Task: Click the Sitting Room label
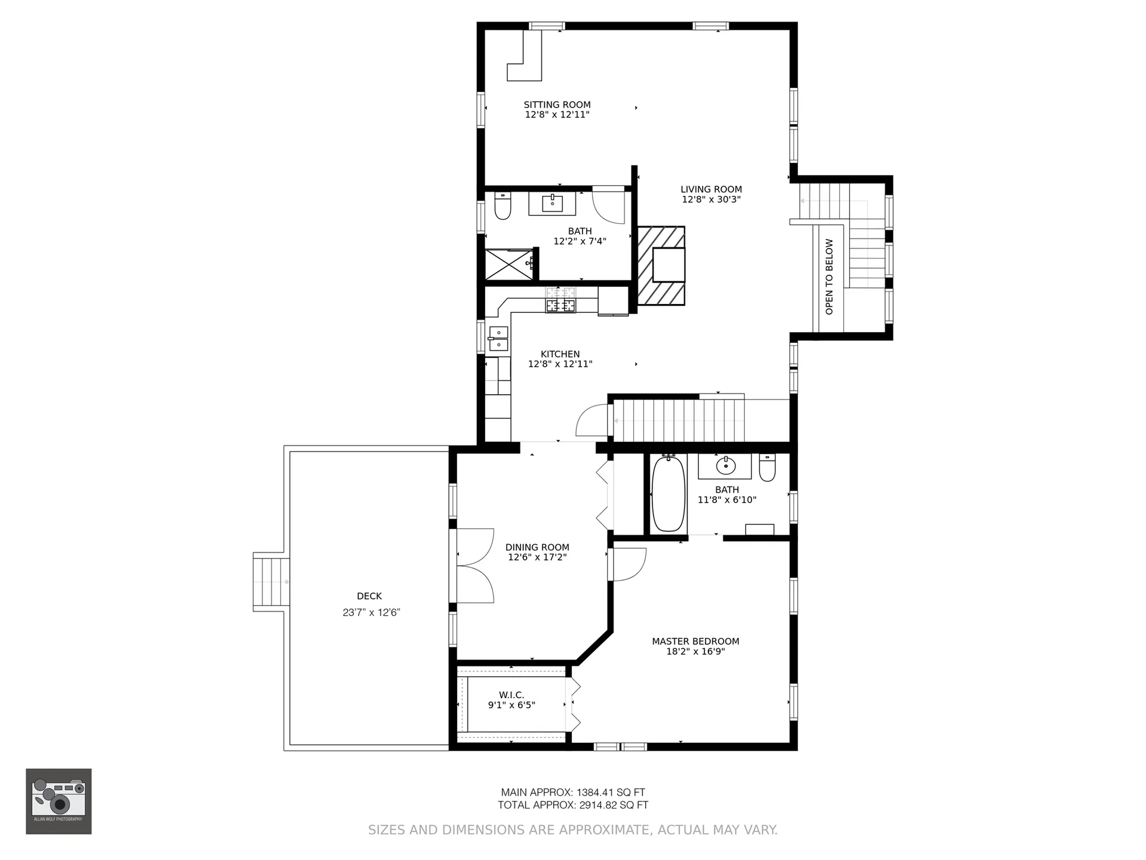coord(557,105)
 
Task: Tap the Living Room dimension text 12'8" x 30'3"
coord(711,199)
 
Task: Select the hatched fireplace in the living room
coord(661,266)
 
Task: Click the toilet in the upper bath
coord(503,205)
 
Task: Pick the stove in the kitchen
coord(561,300)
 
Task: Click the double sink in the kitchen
coord(498,339)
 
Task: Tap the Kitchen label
coord(560,354)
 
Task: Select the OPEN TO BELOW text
coord(829,277)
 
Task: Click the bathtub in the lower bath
coord(668,493)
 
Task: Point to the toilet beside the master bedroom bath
coord(767,468)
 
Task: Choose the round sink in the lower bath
coord(726,465)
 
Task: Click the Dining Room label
coord(537,547)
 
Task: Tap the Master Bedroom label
coord(695,641)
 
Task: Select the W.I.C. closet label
coord(512,695)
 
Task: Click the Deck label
coord(369,596)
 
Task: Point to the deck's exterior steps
coord(272,582)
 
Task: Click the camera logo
coord(58,801)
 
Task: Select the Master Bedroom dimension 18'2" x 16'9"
coord(695,652)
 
